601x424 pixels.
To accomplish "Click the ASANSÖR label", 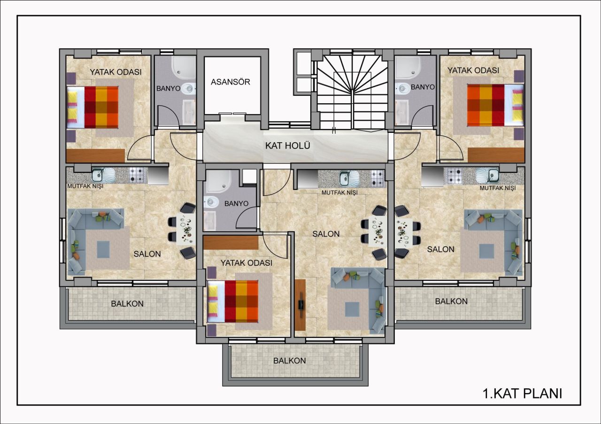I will click(230, 82).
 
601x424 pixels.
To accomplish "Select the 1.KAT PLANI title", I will click(522, 393).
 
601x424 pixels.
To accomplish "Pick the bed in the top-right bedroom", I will click(495, 105).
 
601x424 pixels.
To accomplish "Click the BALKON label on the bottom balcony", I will click(290, 361).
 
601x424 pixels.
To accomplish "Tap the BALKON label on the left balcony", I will click(127, 303).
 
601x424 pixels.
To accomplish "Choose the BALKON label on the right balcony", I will click(451, 301).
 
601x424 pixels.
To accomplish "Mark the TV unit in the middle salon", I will click(300, 304).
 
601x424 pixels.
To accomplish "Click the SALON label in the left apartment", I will click(147, 254).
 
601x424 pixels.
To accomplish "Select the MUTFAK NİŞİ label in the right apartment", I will click(497, 188).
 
